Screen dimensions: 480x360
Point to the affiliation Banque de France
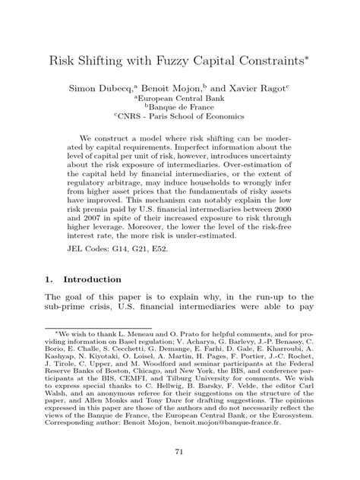click(x=182, y=108)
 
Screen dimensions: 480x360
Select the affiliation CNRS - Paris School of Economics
click(x=182, y=118)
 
